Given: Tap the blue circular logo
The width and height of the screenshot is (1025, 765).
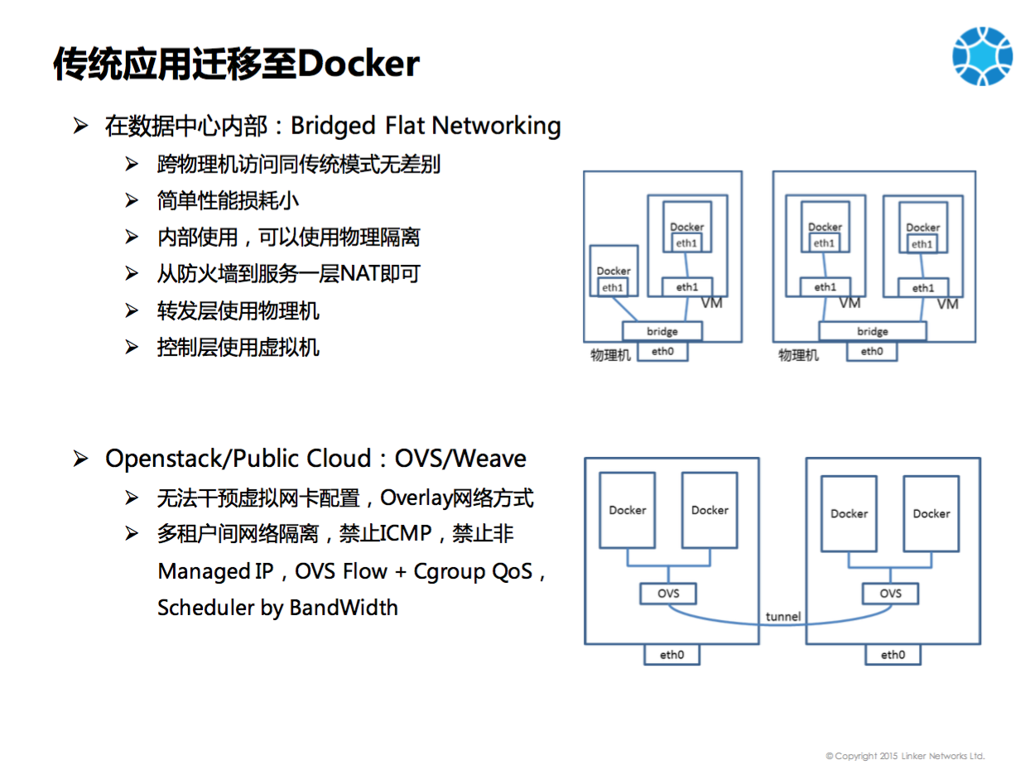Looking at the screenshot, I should [x=982, y=55].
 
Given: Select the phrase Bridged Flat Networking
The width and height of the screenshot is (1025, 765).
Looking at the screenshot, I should [x=426, y=126].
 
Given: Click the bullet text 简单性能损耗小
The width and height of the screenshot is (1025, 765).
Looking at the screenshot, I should [x=228, y=200].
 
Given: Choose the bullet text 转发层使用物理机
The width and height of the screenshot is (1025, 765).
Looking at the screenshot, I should [x=238, y=310].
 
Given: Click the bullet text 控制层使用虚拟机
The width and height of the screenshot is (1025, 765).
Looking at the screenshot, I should [x=238, y=347].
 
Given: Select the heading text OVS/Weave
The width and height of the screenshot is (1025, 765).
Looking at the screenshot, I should [x=460, y=459].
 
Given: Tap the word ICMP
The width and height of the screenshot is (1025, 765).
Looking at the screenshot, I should [x=406, y=534].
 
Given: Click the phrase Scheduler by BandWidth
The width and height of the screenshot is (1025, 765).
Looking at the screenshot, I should [x=277, y=608].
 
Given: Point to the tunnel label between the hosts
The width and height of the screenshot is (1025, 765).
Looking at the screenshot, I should [x=782, y=616].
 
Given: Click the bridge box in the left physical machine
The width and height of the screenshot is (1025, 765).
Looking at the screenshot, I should [x=662, y=331].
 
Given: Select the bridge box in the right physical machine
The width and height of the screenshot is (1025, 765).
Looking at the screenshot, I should [x=872, y=331].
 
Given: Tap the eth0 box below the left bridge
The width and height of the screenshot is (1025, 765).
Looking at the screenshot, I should [x=662, y=352].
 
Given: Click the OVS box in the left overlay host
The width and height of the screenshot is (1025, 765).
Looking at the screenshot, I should [x=668, y=593].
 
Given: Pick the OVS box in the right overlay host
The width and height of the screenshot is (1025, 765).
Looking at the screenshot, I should [x=890, y=593].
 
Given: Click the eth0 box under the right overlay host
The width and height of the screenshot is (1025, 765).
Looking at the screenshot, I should [x=893, y=655].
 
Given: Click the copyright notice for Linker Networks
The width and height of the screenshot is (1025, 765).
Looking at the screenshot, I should [x=905, y=756].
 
